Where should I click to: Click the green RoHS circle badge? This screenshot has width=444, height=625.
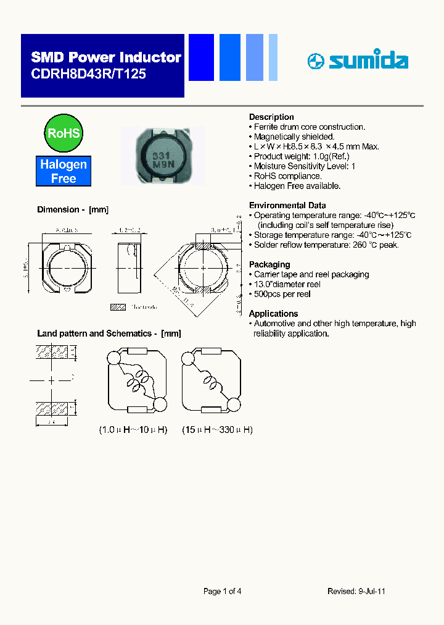(x=64, y=132)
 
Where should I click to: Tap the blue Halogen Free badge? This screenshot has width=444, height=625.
(x=64, y=171)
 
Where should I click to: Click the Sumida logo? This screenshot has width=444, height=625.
(x=358, y=61)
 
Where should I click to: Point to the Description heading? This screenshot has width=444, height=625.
(x=271, y=117)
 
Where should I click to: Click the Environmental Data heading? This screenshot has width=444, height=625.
(x=287, y=205)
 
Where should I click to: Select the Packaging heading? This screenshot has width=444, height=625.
(x=269, y=264)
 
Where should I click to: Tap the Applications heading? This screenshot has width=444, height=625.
(x=273, y=313)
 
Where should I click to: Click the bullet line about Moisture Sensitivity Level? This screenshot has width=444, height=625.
(x=305, y=166)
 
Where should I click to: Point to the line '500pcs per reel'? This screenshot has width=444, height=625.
(x=282, y=294)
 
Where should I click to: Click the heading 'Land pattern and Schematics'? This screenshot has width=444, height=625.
(x=109, y=333)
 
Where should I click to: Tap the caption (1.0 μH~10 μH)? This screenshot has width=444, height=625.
(x=134, y=429)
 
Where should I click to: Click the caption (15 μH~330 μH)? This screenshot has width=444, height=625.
(x=217, y=429)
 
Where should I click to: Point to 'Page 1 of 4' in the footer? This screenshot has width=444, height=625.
(x=222, y=591)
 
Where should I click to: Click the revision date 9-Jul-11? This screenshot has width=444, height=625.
(x=372, y=591)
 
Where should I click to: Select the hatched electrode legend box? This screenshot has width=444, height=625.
(x=118, y=306)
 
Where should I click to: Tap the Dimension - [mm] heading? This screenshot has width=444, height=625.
(x=73, y=210)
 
